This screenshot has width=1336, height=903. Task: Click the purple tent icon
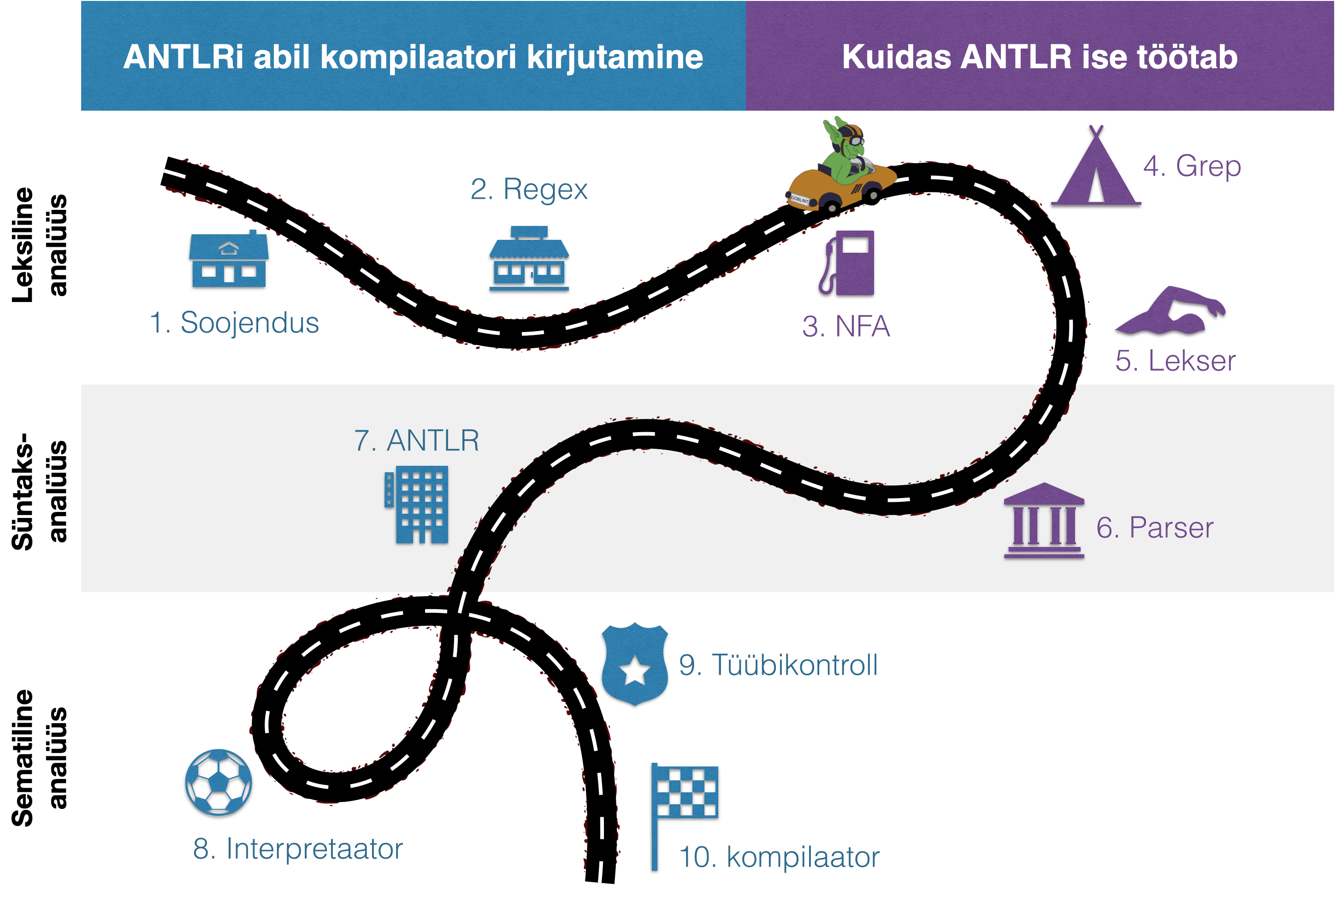click(x=1095, y=170)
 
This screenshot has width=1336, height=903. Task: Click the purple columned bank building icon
click(x=1043, y=521)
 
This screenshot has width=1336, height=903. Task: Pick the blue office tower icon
click(x=417, y=505)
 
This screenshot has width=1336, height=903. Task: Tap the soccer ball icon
click(x=219, y=784)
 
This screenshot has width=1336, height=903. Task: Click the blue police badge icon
click(x=635, y=664)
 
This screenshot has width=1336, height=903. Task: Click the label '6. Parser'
click(x=1154, y=528)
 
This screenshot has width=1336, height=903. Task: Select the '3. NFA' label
click(x=845, y=327)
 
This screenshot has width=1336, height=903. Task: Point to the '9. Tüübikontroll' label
click(x=778, y=665)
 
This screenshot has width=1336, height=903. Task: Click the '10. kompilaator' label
click(x=780, y=857)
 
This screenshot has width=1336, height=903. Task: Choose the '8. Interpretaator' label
click(x=298, y=849)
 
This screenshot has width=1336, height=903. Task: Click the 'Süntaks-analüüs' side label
click(x=39, y=491)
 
